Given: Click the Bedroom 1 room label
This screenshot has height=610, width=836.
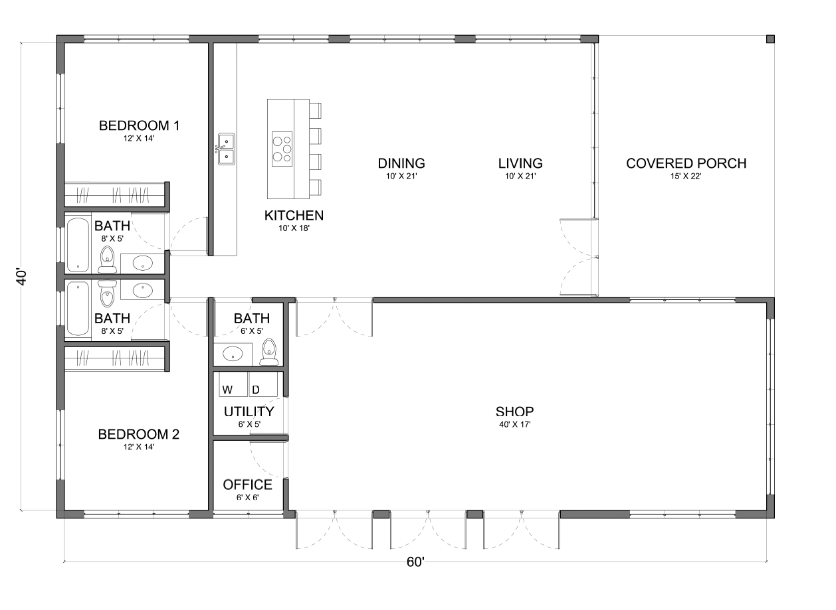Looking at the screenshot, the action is click(139, 125).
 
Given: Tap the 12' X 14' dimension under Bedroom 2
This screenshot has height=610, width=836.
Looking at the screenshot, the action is click(139, 447).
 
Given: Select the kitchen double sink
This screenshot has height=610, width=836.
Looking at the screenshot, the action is click(227, 149).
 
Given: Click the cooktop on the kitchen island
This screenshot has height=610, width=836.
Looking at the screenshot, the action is click(282, 149).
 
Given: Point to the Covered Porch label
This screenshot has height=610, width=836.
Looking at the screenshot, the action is click(686, 163).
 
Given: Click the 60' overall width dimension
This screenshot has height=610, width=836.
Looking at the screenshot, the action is click(415, 562).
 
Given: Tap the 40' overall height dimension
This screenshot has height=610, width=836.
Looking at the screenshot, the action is click(22, 277).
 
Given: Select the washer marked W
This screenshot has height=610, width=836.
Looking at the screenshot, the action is click(233, 384).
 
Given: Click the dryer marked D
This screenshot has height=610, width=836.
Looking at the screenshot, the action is click(263, 384).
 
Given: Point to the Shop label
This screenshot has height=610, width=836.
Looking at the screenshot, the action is click(514, 412).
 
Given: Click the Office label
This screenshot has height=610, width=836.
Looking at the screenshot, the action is click(247, 485).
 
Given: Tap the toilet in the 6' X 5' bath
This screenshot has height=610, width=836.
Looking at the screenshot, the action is click(268, 352).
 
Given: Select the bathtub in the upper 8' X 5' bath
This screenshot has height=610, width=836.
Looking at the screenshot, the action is click(78, 244).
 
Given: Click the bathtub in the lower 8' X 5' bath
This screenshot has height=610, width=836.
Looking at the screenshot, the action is click(78, 309).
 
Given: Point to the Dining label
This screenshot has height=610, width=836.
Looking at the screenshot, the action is click(401, 163).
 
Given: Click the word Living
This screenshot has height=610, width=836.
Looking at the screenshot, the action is click(520, 163).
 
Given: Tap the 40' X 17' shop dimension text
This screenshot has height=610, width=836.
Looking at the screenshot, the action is click(514, 424).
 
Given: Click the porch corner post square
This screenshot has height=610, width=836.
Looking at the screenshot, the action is click(770, 39).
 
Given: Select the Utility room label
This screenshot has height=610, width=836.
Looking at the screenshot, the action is click(249, 412).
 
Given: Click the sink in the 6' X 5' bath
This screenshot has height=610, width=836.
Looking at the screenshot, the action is click(233, 354).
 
